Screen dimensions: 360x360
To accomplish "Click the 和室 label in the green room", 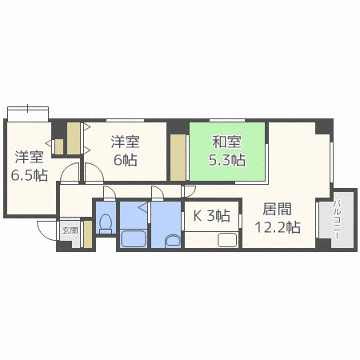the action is (226, 142).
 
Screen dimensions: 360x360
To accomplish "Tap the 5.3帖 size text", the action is (226, 160).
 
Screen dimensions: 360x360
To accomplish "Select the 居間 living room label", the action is (277, 209).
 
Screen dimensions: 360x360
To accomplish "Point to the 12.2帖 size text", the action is (278, 227).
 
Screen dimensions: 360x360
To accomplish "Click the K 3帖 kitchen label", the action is (211, 215).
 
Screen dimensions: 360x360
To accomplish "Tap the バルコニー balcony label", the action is (337, 220).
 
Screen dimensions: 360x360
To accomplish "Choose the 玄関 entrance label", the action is (70, 230).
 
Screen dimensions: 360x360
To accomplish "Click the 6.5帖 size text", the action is (30, 175).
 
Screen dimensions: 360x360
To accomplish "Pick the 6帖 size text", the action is (126, 160).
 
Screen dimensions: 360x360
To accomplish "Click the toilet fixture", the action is (106, 223).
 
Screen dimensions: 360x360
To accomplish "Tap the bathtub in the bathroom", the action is (134, 238).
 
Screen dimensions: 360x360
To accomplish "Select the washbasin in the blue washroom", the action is (173, 241).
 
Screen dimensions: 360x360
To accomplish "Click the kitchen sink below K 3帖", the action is (227, 239).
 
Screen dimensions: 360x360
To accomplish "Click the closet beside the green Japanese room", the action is (178, 158).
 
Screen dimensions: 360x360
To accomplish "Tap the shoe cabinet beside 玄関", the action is (88, 234).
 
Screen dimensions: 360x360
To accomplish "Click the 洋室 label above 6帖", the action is (126, 142).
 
